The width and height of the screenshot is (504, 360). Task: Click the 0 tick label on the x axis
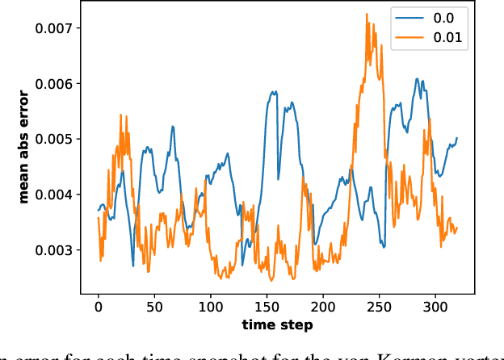99,307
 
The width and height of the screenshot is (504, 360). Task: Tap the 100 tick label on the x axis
210,307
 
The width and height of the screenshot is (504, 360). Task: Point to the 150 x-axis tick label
267,307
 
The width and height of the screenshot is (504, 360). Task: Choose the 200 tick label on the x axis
322,307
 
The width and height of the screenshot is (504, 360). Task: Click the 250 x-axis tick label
379,307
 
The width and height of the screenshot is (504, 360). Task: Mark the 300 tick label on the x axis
435,307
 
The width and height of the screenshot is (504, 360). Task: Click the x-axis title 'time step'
278,324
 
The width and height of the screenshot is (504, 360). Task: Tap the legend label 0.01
450,36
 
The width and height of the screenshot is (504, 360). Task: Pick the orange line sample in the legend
412,36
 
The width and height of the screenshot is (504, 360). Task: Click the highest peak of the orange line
366,14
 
